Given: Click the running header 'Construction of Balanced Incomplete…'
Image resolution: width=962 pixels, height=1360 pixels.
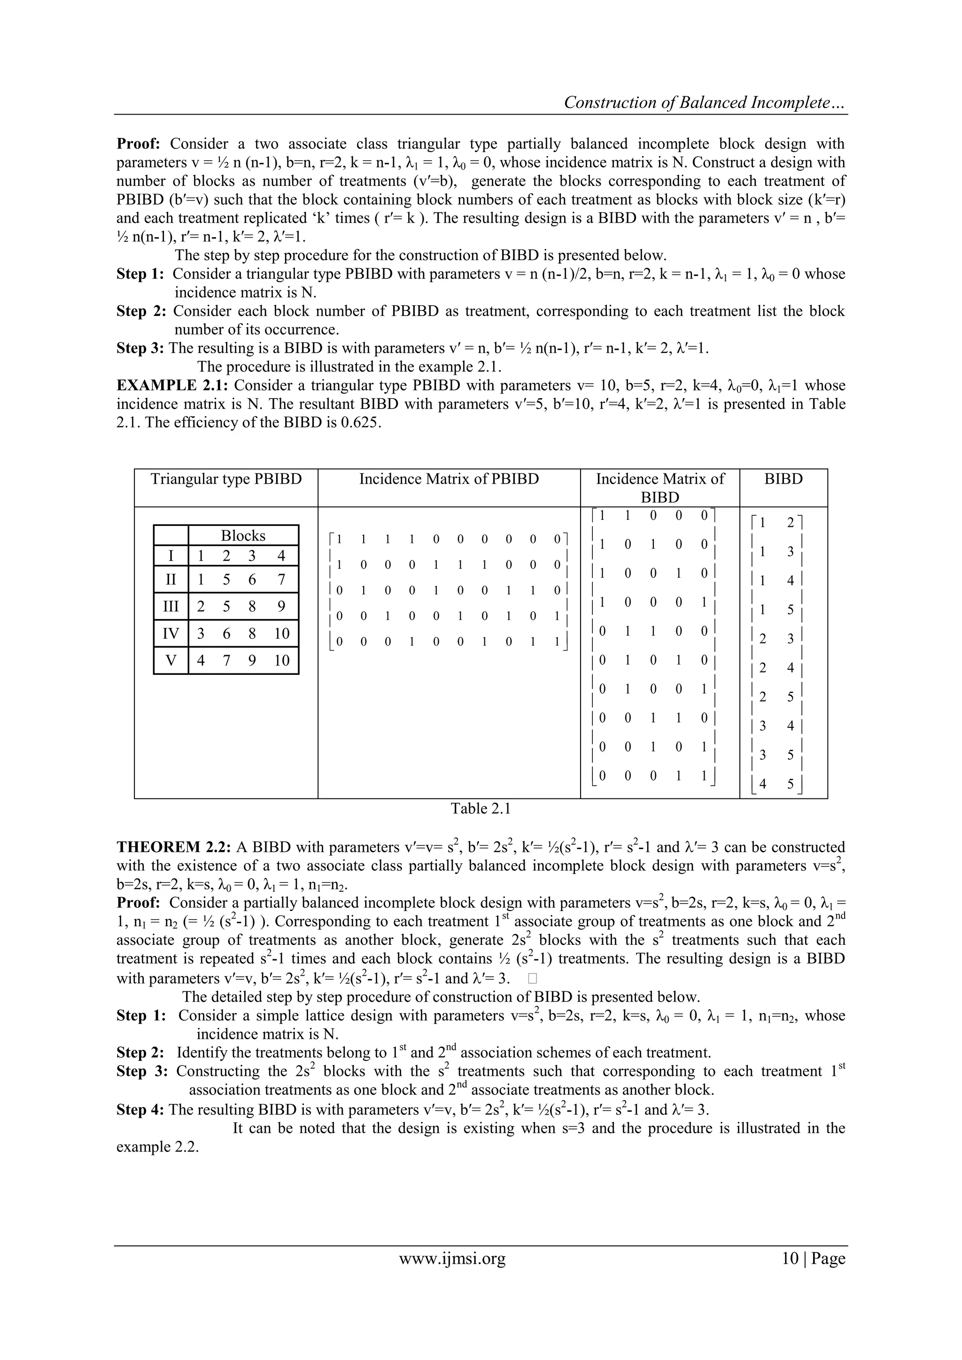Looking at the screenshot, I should [705, 103].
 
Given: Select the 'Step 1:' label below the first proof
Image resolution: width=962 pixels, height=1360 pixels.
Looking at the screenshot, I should [140, 274].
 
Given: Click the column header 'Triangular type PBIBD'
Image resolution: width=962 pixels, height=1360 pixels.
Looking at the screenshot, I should [225, 479].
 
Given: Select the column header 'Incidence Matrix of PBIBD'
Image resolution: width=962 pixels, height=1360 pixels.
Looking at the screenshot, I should [449, 479].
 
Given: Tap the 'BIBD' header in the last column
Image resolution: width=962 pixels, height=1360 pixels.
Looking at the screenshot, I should [783, 479].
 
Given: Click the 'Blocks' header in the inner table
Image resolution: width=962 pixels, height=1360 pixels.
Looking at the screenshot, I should [243, 535].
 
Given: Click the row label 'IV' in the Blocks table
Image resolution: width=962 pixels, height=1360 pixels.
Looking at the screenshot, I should [171, 634].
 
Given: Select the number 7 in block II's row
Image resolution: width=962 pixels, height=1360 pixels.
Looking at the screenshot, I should [281, 580].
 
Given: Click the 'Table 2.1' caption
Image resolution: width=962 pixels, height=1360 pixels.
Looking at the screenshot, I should [481, 809].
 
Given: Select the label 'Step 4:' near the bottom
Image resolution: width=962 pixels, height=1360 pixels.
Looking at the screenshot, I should [140, 1109].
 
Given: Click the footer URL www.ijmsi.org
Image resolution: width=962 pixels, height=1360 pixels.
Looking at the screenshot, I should [452, 1259].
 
